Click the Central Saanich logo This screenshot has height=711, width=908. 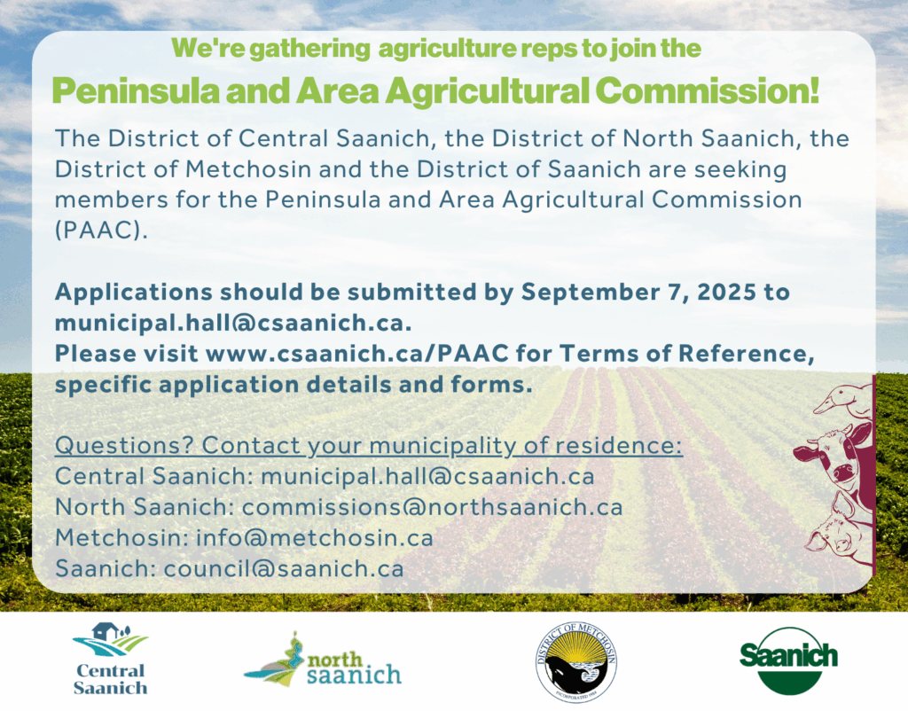click(110, 659)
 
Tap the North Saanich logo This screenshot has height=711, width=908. click(323, 660)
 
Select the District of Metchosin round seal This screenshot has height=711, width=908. click(575, 662)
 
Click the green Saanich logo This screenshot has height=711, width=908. click(788, 660)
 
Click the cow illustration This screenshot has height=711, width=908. click(836, 457)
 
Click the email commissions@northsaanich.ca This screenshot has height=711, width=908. click(432, 507)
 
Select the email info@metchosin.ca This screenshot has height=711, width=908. click(315, 538)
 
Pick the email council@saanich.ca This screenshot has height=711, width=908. click(284, 568)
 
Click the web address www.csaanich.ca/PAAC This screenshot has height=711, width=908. click(356, 353)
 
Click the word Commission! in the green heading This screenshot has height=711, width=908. click(707, 90)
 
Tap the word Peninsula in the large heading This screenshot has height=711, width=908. click(136, 90)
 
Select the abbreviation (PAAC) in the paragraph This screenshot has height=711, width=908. click(101, 230)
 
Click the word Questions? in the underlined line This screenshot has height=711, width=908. click(124, 446)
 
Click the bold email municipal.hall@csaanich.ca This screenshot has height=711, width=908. click(233, 323)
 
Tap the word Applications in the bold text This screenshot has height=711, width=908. click(134, 293)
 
